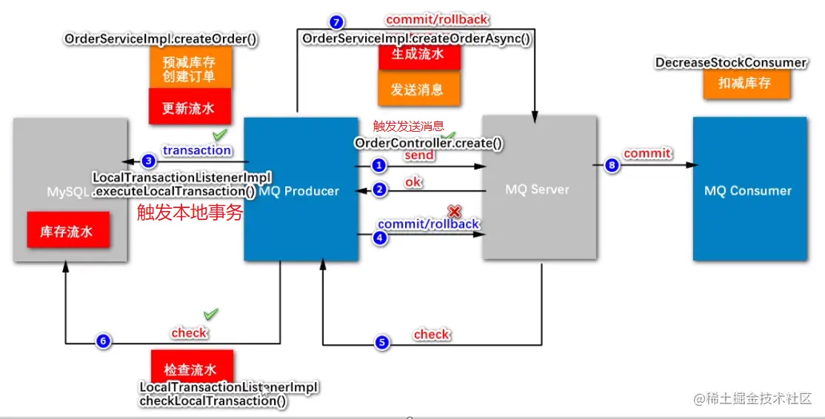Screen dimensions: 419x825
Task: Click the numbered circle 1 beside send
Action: pos(379,165)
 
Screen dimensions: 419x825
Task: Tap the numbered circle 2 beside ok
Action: pos(379,190)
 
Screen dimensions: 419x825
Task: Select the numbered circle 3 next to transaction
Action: pos(149,160)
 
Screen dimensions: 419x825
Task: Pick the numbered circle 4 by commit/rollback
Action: pos(379,238)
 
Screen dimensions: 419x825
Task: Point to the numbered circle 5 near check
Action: pos(381,343)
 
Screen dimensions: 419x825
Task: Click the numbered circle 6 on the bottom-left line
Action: pos(103,341)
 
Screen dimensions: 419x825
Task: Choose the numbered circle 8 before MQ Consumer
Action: pos(612,166)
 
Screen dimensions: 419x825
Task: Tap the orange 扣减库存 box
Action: pos(746,83)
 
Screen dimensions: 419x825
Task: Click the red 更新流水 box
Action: pos(188,107)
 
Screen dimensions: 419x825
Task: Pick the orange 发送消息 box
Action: pos(417,90)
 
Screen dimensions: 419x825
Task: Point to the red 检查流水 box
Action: pos(190,369)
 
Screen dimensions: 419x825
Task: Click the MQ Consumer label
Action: pos(748,191)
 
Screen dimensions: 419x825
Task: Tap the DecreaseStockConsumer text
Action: pos(731,63)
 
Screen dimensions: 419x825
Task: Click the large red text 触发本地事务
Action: pos(190,212)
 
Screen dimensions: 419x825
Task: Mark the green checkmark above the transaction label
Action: pos(220,135)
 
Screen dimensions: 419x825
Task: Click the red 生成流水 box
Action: pos(417,55)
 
